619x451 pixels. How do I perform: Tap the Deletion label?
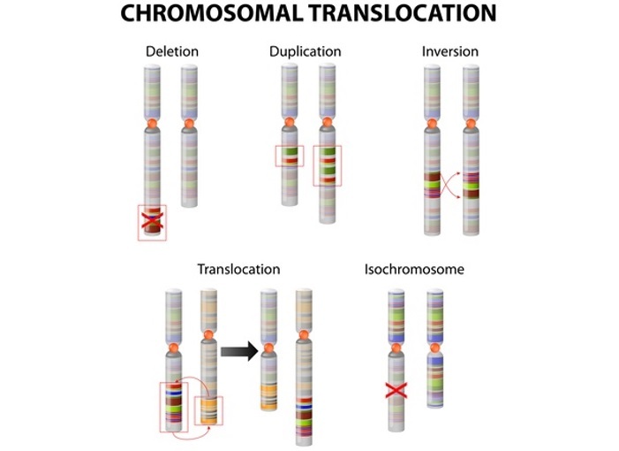coord(171,51)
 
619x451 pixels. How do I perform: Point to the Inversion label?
coord(450,51)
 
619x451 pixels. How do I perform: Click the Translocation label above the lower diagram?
coord(238,269)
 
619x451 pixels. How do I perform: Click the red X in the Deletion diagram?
coord(154,221)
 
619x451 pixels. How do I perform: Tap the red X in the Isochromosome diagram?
coord(395,389)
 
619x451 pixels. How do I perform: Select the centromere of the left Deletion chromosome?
coord(153,123)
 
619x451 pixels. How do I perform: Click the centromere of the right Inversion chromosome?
coord(470,123)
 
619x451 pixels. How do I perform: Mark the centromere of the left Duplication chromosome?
coord(290,123)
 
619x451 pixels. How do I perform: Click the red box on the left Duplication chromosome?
coord(290,157)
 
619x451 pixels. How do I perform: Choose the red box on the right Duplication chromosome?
coord(328,165)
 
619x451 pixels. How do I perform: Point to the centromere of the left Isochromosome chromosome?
coord(395,348)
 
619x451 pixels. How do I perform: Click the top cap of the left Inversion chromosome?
coord(432,70)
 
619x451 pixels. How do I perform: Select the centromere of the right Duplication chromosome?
coord(328,123)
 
